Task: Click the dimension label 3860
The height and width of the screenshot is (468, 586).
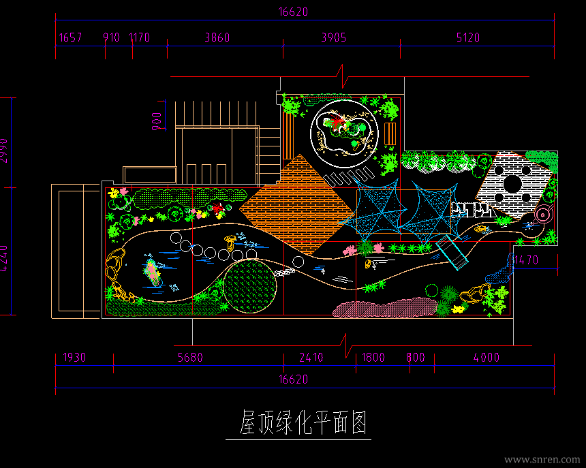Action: [x=217, y=37]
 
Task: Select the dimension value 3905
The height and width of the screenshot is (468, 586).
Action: [x=334, y=37]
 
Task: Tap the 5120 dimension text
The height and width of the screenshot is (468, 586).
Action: [x=467, y=37]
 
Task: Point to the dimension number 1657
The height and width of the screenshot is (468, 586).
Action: [x=70, y=37]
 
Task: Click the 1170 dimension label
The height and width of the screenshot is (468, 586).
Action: [x=139, y=37]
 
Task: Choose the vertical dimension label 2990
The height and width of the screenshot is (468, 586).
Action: [x=5, y=151]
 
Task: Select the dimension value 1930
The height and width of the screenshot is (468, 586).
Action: [x=75, y=358]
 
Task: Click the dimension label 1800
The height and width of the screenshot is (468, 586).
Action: [x=373, y=358]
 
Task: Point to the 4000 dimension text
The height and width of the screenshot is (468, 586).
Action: [x=487, y=358]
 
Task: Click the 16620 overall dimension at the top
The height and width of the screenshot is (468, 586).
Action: [x=294, y=12]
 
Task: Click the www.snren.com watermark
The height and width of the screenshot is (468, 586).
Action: [x=542, y=460]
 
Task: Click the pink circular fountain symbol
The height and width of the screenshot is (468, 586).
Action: [x=542, y=215]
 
